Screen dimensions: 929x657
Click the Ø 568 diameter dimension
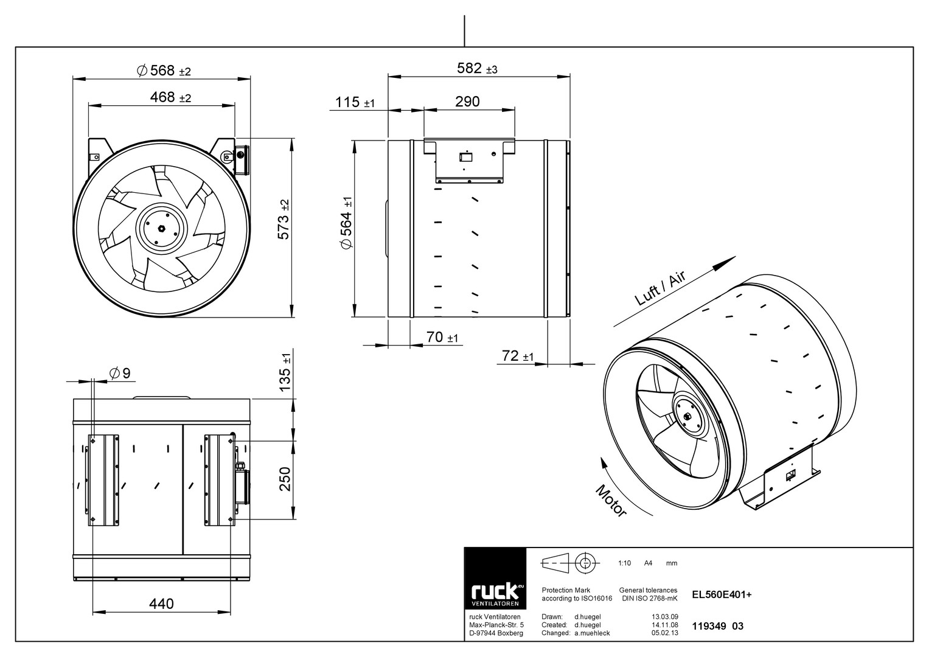pyautogui.click(x=164, y=71)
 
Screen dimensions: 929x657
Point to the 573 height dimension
pyautogui.click(x=284, y=220)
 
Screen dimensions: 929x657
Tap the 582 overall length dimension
pyautogui.click(x=477, y=68)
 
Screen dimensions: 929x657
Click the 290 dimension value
pyautogui.click(x=467, y=102)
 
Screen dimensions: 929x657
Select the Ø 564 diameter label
pyautogui.click(x=346, y=223)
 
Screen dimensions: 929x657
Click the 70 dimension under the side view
pyautogui.click(x=442, y=337)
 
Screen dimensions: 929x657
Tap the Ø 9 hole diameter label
pyautogui.click(x=120, y=374)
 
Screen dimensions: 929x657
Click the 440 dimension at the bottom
pyautogui.click(x=161, y=604)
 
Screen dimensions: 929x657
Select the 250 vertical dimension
pyautogui.click(x=285, y=479)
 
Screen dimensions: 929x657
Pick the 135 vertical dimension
pyautogui.click(x=285, y=372)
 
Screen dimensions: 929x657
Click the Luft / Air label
pyautogui.click(x=660, y=288)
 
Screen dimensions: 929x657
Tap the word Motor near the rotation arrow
pyautogui.click(x=611, y=501)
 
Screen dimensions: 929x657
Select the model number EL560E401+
pyautogui.click(x=722, y=595)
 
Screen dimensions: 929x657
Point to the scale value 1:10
pyautogui.click(x=624, y=563)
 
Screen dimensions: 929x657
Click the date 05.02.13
pyautogui.click(x=665, y=633)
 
